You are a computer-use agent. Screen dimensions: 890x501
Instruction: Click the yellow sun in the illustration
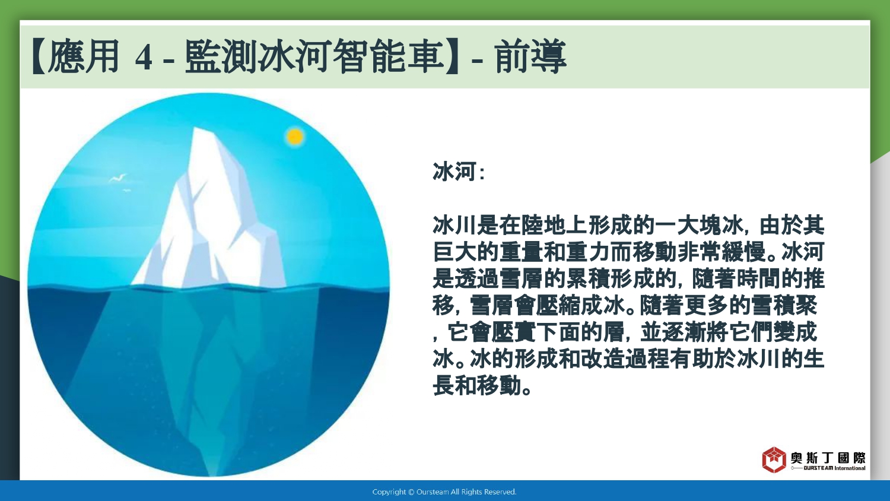click(295, 137)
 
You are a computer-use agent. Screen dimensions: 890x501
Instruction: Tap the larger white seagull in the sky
click(117, 178)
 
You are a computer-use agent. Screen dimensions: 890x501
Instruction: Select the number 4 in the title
click(144, 58)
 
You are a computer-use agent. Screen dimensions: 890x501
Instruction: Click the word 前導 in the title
click(530, 56)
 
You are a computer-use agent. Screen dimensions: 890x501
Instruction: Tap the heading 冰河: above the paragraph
click(459, 172)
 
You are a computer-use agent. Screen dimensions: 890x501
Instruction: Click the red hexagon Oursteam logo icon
click(774, 459)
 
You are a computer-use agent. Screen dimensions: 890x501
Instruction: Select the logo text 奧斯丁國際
click(828, 458)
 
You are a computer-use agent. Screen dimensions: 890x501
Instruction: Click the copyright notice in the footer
click(444, 492)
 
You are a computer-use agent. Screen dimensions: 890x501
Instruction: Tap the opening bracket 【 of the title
click(39, 56)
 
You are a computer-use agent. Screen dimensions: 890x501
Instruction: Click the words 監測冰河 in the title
click(258, 56)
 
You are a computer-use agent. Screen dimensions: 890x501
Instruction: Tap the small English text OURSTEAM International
click(834, 468)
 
